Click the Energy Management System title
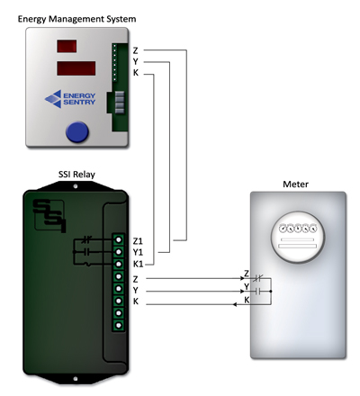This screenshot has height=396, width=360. pos(76,19)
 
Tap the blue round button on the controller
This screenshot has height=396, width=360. pos(77,131)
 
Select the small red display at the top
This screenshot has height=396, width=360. pos(67,46)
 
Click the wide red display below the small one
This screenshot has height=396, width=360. pos(76,68)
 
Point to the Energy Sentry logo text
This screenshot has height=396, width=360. pos(79,99)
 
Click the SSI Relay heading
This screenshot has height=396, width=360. pos(76,175)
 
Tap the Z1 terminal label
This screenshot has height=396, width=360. pos(138,241)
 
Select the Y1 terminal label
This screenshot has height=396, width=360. pos(138,253)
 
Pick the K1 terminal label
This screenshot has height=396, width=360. pos(138,265)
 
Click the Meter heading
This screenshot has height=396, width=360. pos(295,184)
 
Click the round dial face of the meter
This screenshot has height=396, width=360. pos(298,237)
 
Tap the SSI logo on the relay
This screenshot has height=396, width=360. pos(49,215)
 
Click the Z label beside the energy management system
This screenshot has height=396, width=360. pos(136,50)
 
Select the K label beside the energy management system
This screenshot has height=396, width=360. pos(136,73)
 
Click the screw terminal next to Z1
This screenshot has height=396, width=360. pos(119,239)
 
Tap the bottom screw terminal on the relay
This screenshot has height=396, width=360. pos(119,325)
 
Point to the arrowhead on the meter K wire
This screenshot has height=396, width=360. pos(236,305)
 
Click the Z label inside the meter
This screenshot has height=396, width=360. pos(247,274)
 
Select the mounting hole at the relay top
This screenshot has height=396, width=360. pos(76,186)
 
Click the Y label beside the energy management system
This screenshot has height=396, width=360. pos(136,62)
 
